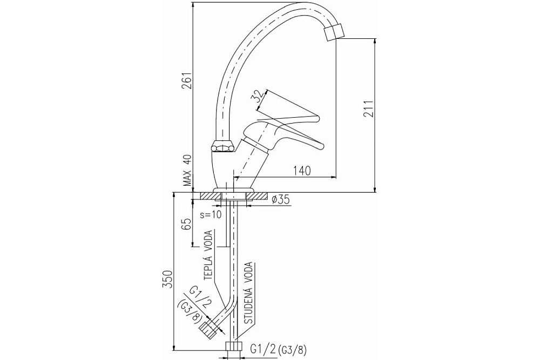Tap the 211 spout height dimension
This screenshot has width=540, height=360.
click(368, 109)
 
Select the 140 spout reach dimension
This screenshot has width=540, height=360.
click(302, 171)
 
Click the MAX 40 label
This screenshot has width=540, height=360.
click(187, 170)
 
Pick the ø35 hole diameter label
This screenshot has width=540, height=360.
click(280, 199)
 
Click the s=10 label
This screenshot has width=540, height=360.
click(211, 215)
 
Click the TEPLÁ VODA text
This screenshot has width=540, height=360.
click(208, 255)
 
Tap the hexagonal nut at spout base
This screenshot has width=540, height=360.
click(224, 146)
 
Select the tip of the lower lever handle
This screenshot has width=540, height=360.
click(322, 146)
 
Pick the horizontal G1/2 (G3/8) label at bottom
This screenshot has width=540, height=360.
click(278, 350)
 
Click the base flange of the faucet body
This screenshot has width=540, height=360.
click(233, 191)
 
